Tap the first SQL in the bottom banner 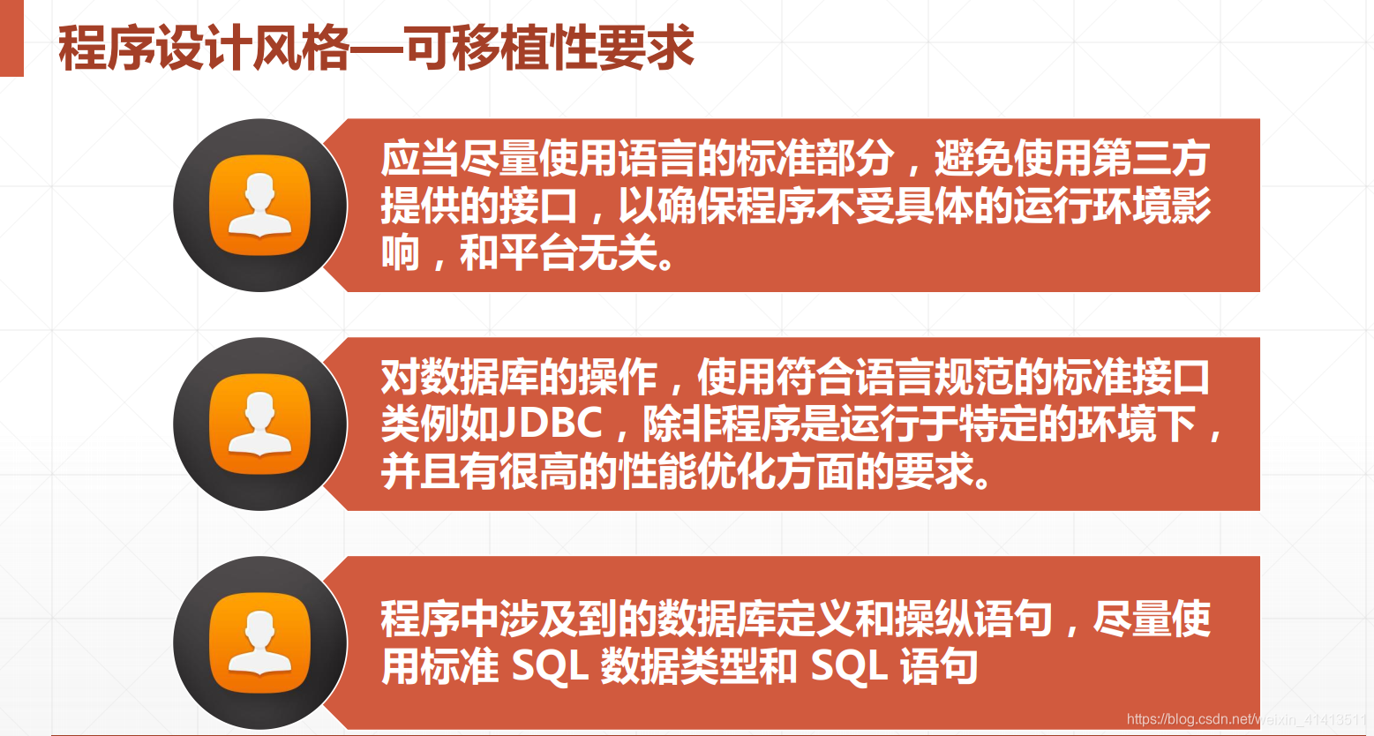[x=549, y=666]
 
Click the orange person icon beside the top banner [x=260, y=206]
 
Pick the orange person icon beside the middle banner [x=260, y=424]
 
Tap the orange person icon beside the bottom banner [x=260, y=643]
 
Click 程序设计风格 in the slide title [x=204, y=48]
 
